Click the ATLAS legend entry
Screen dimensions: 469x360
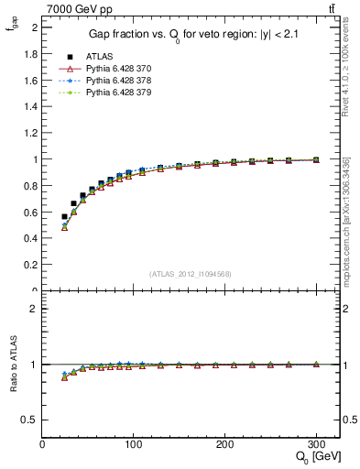98,56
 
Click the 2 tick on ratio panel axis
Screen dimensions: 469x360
35,309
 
